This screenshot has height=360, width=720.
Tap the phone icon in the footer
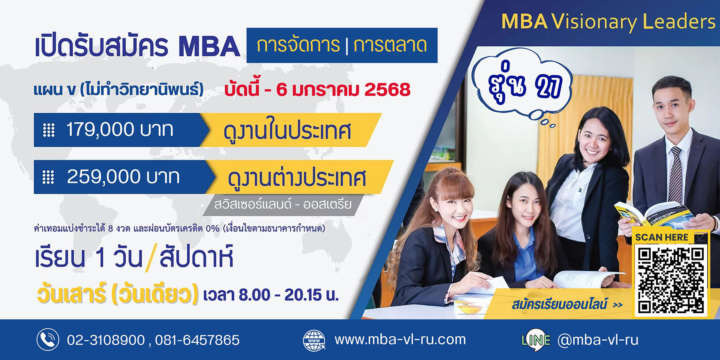pyautogui.click(x=48, y=340)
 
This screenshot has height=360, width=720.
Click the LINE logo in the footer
pyautogui.click(x=536, y=340)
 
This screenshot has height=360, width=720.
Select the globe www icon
pyautogui.click(x=314, y=340)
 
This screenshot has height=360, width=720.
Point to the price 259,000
pyautogui.click(x=104, y=176)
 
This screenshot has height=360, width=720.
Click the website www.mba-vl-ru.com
pyautogui.click(x=400, y=340)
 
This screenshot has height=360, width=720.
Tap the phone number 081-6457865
pyautogui.click(x=197, y=340)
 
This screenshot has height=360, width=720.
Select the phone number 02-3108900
pyautogui.click(x=106, y=340)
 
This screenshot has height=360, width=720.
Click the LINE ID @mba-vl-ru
pyautogui.click(x=598, y=340)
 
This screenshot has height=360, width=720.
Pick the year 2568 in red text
pyautogui.click(x=387, y=90)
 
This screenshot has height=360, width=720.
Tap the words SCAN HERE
pyautogui.click(x=662, y=237)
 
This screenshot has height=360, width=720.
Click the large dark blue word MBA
pyautogui.click(x=209, y=47)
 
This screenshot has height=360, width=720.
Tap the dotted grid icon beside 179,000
pyautogui.click(x=49, y=130)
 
